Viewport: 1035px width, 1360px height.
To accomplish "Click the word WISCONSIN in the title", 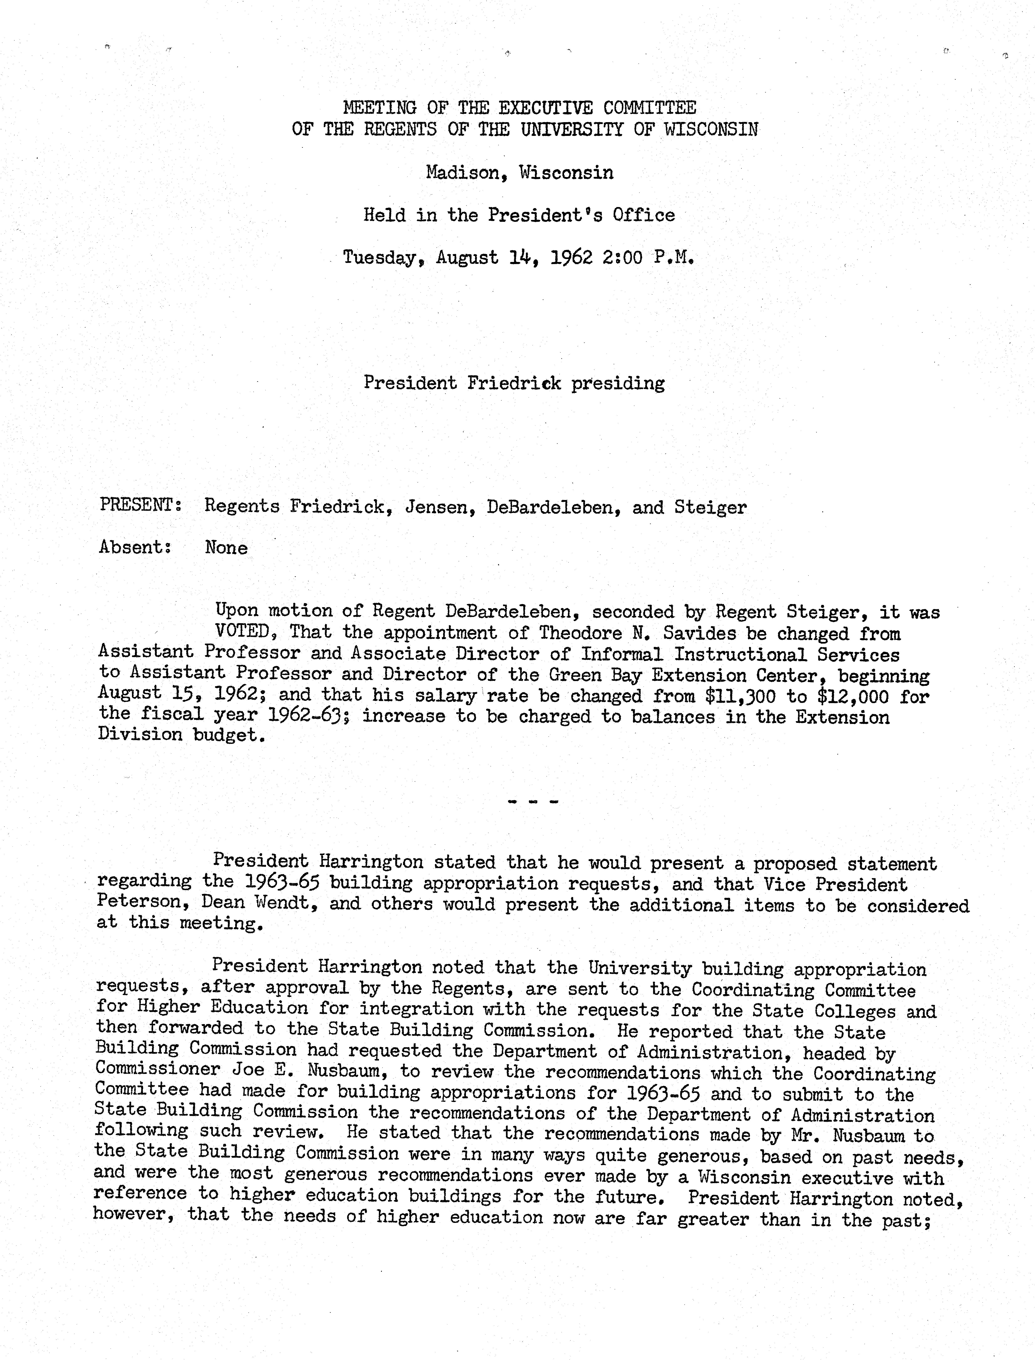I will coord(711,129).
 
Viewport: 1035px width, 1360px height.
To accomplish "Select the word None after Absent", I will coord(226,548).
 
